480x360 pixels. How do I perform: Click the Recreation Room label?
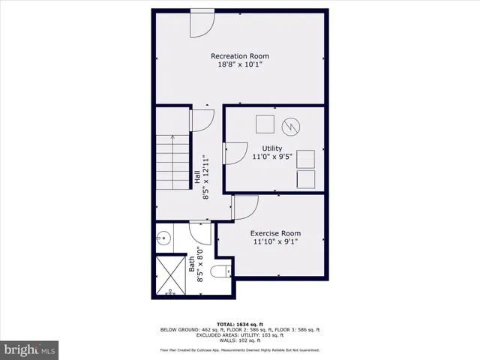(x=239, y=56)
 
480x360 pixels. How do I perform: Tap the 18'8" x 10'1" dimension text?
(x=239, y=65)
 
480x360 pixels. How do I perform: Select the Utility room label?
(x=272, y=148)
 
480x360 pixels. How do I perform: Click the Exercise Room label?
(x=275, y=233)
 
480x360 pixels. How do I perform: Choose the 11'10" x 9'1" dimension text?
(x=275, y=242)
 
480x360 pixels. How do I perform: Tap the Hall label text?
(x=197, y=178)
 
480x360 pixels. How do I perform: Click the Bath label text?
(x=192, y=264)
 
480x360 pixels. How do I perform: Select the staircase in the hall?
(x=172, y=162)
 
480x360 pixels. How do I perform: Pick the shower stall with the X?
(x=172, y=276)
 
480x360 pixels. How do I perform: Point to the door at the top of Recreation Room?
(x=201, y=23)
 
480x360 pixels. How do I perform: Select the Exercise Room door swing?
(x=245, y=207)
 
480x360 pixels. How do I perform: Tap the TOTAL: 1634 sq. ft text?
(x=239, y=323)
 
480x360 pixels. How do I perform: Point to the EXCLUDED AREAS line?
(x=239, y=335)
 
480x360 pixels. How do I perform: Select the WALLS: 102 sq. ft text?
(x=239, y=340)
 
